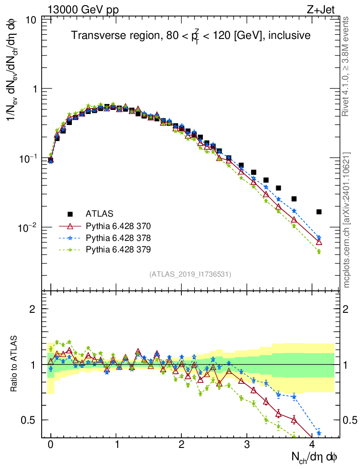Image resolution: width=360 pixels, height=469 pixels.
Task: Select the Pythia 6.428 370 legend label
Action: pos(118,226)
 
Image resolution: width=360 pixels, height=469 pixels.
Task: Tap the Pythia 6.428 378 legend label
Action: pos(118,238)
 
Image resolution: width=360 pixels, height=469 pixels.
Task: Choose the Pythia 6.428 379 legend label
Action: pos(118,250)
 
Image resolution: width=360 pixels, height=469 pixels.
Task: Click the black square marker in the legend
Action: pos(70,213)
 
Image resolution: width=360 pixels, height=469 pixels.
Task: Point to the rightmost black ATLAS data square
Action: pos(319,212)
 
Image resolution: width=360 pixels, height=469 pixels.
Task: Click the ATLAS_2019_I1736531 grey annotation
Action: pos(190,274)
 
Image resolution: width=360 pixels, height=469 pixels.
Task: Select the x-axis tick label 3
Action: pos(247,444)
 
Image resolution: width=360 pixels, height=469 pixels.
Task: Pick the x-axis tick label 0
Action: pos(50,444)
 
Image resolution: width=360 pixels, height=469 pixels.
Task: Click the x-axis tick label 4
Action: pos(312,444)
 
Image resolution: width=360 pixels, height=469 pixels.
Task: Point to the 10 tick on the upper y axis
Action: pos(32,20)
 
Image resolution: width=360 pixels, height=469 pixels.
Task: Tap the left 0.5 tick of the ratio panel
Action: pos(30,420)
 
